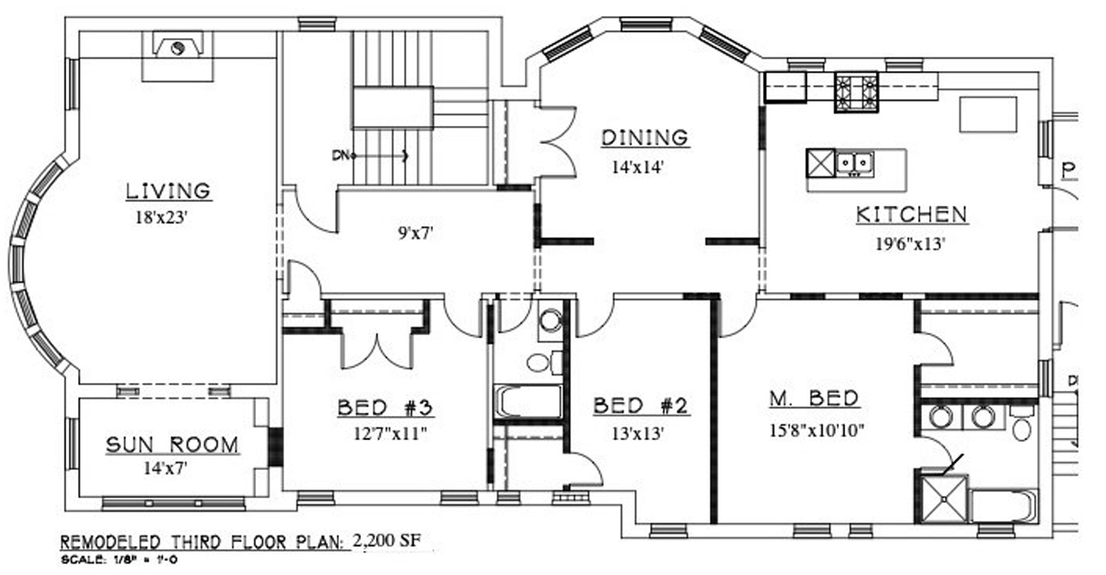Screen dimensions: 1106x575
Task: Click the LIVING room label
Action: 169,191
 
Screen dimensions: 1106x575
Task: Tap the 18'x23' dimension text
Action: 162,217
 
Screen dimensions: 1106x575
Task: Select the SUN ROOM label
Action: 172,445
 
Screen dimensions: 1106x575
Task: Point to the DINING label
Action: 645,138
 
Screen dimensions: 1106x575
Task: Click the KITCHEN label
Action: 911,215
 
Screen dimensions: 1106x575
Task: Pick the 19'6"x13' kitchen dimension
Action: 910,244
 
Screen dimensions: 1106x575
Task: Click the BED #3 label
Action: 385,408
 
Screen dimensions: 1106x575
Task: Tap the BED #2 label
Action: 640,406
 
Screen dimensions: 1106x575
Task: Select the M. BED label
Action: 815,399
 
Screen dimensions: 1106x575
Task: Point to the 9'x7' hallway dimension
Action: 416,233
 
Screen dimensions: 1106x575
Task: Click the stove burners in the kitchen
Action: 857,92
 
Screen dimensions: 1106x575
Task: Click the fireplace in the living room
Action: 178,45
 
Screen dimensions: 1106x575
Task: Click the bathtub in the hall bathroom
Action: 528,402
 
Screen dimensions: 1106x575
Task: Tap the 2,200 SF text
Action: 388,540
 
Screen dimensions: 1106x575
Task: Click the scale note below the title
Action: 119,560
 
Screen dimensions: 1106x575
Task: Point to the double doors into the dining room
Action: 558,141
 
